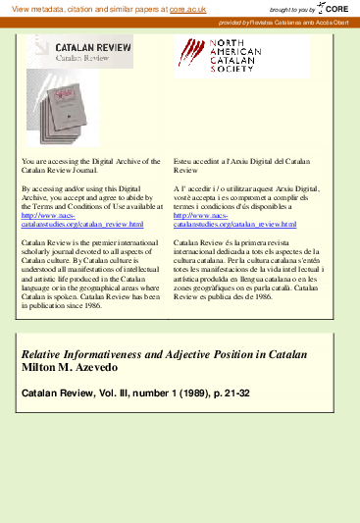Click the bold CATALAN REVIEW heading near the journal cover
pos(82,46)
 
